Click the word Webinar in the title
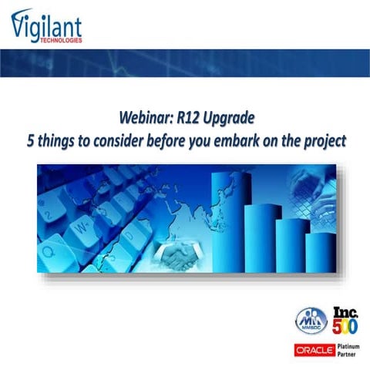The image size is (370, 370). coord(146,119)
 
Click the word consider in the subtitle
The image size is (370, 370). coord(128,142)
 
